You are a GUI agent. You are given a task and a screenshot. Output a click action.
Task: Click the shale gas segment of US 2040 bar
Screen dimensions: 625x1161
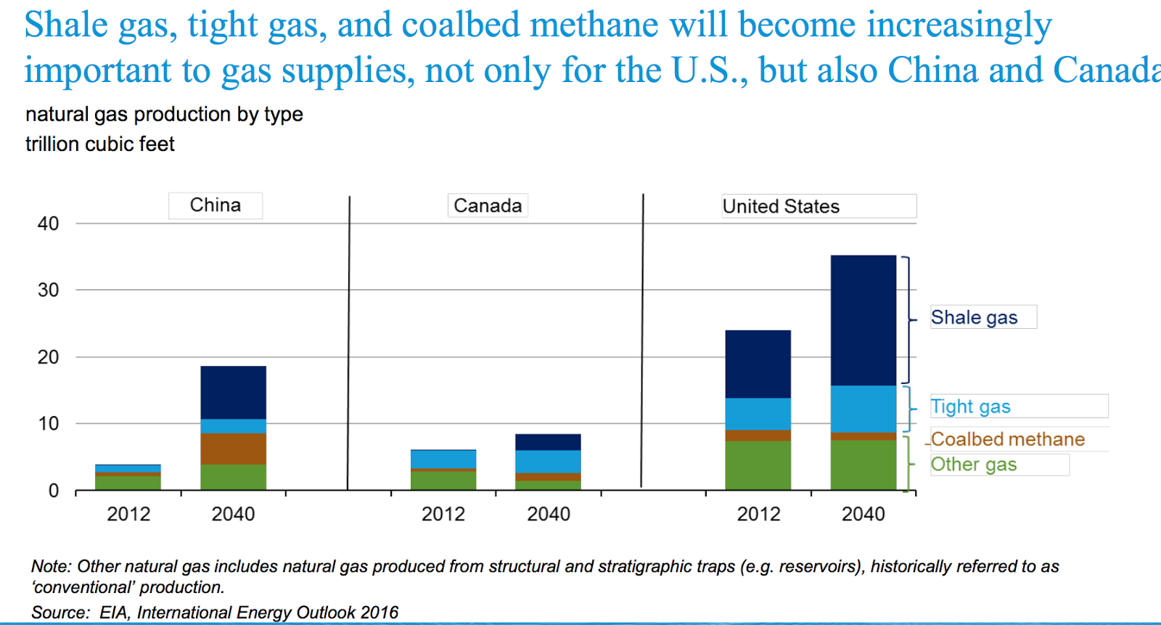[x=863, y=319]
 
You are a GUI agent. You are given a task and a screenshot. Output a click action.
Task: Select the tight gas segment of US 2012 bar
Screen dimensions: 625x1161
[x=758, y=414]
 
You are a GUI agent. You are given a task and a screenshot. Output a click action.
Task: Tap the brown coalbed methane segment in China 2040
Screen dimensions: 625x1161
[x=233, y=449]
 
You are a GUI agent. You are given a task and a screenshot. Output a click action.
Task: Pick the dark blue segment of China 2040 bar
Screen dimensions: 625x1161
[x=233, y=392]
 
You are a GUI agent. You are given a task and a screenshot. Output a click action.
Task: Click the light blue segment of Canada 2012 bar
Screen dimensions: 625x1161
[x=443, y=459]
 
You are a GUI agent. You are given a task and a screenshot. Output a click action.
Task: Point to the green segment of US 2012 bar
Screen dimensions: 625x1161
[x=758, y=465]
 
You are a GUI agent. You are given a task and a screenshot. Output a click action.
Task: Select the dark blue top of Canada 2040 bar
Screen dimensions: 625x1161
[x=548, y=441]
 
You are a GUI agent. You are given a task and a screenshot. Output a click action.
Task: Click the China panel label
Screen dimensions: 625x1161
[x=216, y=205]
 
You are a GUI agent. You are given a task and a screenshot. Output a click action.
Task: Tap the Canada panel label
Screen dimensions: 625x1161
[x=488, y=206]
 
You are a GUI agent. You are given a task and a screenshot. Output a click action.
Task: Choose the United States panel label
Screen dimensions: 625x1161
[x=781, y=207]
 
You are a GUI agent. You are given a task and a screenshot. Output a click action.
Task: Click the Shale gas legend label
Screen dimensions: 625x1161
[x=974, y=318]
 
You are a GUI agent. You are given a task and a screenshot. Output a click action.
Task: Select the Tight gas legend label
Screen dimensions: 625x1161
[x=970, y=407]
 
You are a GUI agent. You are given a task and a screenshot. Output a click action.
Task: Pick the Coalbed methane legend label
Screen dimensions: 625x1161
[x=1007, y=439]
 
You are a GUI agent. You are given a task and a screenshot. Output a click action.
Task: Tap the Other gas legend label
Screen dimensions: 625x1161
[x=973, y=465]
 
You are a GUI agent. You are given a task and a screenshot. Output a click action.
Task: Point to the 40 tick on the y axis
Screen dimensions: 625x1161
[x=49, y=224]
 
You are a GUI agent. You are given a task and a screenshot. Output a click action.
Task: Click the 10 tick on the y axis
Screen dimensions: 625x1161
[x=49, y=423]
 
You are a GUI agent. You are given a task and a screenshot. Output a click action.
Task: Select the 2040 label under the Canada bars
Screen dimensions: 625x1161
[x=548, y=514]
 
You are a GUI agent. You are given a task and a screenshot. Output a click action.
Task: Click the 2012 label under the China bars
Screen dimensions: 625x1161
[x=128, y=514]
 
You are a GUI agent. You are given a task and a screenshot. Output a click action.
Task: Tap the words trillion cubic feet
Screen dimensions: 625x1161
[x=100, y=144]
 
